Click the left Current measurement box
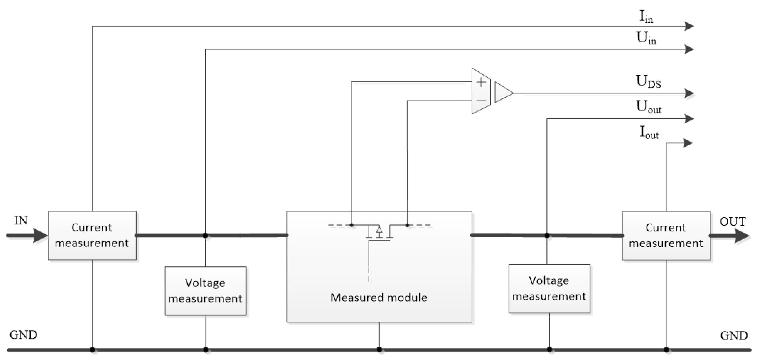point(92,235)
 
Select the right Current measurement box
point(666,236)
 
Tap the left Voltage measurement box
point(205,291)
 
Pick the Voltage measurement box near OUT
point(549,288)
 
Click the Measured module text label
point(379,298)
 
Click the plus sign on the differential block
point(481,82)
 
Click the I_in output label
point(646,17)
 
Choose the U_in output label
point(646,38)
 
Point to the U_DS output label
point(648,81)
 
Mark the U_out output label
point(648,107)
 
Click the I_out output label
point(649,132)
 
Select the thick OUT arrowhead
point(741,236)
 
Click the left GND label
point(23,335)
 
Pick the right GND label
point(734,336)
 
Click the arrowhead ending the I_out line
point(688,143)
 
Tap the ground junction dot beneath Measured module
point(379,350)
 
